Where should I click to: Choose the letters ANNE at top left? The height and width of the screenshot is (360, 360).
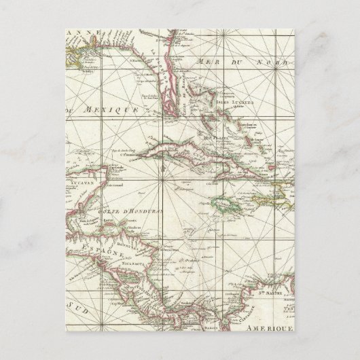tap(80, 33)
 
